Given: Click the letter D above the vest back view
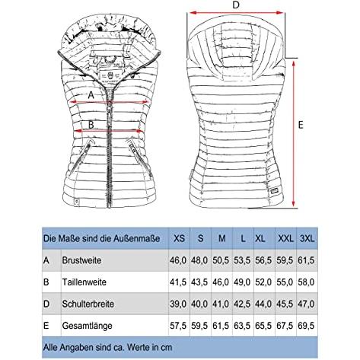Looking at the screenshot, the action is point(236,5).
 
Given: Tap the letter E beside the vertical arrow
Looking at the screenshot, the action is point(301,125).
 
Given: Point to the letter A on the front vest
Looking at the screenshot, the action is point(91,95).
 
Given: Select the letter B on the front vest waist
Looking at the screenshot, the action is point(91,125).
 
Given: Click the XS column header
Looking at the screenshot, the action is point(179,238).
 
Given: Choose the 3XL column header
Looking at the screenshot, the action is point(307,238).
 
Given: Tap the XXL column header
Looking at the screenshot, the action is point(285,238).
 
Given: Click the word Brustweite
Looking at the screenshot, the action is point(81,260).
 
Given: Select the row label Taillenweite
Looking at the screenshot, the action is point(84,282).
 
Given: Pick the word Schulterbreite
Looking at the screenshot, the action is point(88,304).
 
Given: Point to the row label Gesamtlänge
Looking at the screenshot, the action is point(87,326).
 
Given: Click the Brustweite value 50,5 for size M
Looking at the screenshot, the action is point(221,260).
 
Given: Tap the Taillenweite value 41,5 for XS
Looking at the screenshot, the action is point(178,282).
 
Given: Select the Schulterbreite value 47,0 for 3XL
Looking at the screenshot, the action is point(306,304).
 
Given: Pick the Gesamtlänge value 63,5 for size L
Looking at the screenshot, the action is point(242,326).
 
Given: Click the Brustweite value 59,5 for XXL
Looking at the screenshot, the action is point(285,260).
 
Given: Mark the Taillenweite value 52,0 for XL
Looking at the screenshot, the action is point(263,282).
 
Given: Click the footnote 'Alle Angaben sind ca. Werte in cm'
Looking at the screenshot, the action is point(107,347).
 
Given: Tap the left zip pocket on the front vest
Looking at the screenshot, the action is point(81,155).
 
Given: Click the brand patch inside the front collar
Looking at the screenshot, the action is point(109,75).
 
